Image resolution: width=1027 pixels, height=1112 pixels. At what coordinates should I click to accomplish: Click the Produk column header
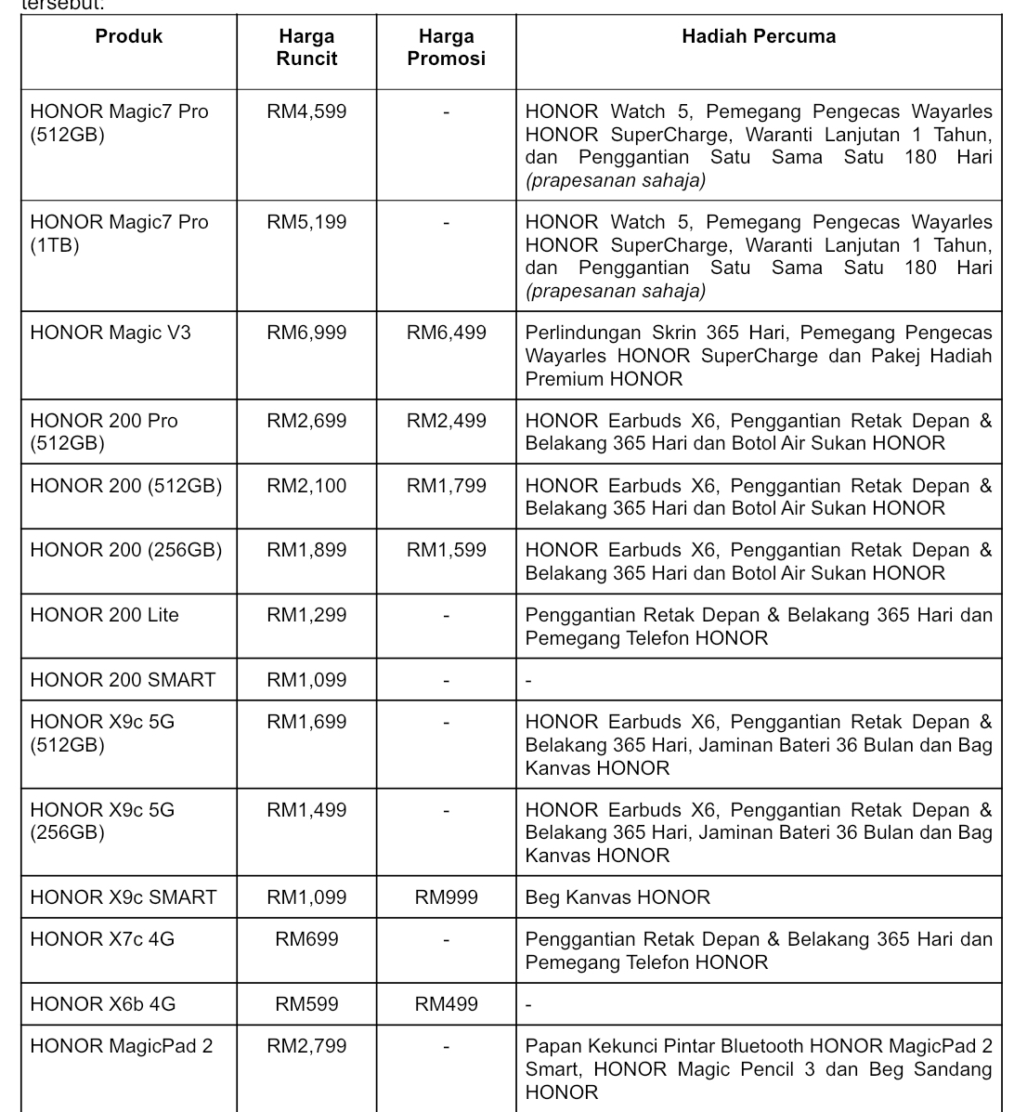pos(128,36)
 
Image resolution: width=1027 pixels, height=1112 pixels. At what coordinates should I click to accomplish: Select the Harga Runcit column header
pos(306,47)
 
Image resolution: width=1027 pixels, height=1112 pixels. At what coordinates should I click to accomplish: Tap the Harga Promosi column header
pos(446,47)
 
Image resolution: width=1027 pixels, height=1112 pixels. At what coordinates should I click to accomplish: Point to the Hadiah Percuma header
pos(758,36)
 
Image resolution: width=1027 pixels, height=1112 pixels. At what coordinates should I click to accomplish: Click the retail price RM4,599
pos(306,111)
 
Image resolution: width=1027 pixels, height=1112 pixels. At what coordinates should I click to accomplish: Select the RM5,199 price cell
pos(306,222)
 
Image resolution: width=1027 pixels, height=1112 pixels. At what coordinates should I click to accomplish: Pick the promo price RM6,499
pos(446,333)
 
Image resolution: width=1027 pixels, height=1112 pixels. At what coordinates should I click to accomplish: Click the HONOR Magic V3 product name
pos(110,333)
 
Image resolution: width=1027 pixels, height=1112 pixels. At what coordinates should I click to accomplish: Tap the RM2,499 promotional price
pos(446,421)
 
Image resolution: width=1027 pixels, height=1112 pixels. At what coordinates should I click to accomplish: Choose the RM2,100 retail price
pos(306,486)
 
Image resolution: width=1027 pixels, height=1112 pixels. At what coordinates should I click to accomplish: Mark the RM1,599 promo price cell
pos(446,550)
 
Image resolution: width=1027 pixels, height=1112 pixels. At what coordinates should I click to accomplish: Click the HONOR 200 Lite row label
pos(104,615)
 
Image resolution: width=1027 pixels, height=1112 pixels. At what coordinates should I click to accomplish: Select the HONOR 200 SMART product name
pos(123,680)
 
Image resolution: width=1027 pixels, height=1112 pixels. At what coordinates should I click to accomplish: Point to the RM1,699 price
pos(306,722)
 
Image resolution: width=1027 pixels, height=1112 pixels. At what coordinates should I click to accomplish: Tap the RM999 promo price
pos(446,897)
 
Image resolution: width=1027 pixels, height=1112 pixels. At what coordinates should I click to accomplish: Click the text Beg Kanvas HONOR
pos(617,897)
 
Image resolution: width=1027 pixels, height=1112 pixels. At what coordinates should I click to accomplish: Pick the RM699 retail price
pos(306,939)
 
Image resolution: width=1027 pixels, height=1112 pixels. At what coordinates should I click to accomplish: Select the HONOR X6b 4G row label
pos(102,1004)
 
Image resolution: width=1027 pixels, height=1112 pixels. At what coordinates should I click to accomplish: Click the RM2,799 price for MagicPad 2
pos(306,1046)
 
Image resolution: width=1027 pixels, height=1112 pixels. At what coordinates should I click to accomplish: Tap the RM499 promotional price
pos(446,1004)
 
